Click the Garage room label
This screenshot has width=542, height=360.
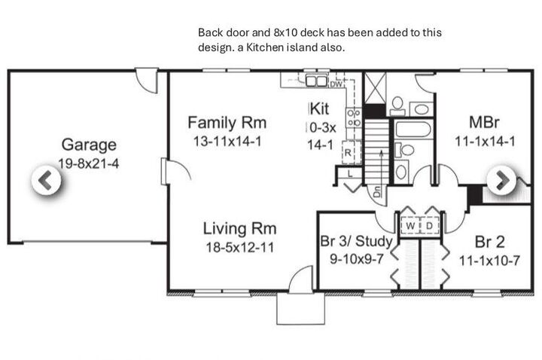[89, 145]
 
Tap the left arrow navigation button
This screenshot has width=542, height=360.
[47, 180]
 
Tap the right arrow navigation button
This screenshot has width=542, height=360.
[501, 180]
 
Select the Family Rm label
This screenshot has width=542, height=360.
[227, 123]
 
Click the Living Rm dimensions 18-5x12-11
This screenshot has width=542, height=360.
[240, 248]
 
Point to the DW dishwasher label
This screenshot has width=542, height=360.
[336, 84]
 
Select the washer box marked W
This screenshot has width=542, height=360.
[410, 226]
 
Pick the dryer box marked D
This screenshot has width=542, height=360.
[429, 226]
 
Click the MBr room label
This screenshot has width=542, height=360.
[484, 123]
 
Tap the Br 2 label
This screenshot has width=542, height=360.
[490, 242]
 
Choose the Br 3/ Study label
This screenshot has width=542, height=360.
[356, 241]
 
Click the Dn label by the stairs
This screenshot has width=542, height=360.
[378, 191]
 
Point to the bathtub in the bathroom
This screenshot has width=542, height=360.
[413, 129]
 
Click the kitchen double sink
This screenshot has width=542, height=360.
[316, 81]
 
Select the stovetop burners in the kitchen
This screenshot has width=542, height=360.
[354, 118]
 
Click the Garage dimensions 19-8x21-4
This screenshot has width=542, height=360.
[89, 163]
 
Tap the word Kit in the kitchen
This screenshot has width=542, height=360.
[319, 109]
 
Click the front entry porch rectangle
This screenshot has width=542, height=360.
[300, 309]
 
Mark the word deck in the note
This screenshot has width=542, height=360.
[312, 32]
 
